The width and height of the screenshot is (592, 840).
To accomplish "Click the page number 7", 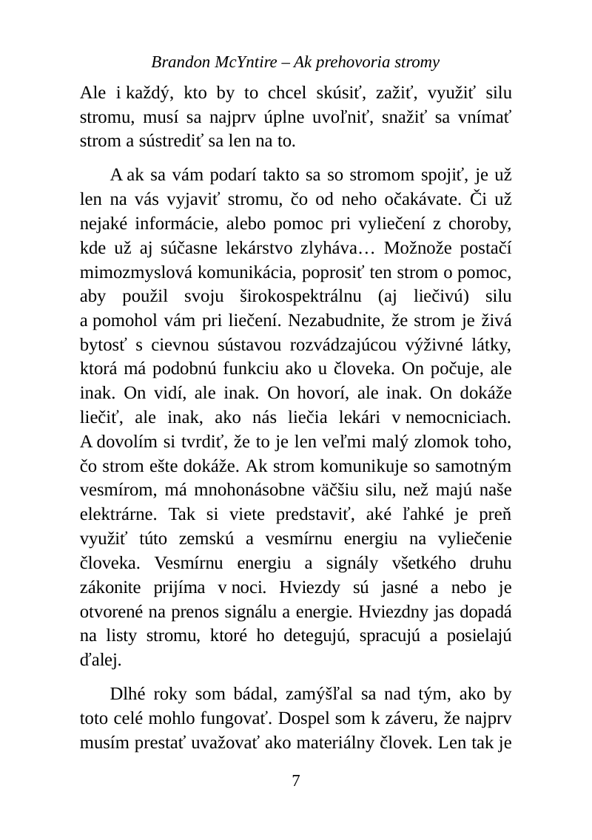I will (x=296, y=780).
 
